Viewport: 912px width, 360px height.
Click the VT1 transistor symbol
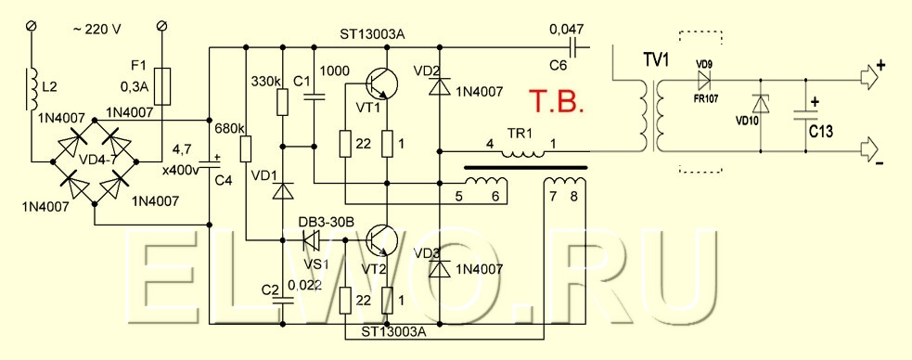pos(382,83)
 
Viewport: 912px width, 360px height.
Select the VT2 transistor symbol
pos(382,239)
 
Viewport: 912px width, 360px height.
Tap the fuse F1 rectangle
pos(164,86)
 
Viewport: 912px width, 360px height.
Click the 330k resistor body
pos(282,102)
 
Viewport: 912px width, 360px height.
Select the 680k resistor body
pos(246,148)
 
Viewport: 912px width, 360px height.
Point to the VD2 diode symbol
pos(440,86)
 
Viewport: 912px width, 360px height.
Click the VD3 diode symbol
pos(440,269)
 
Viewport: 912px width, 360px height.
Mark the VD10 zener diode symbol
pos(761,104)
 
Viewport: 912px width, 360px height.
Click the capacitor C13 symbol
pos(806,115)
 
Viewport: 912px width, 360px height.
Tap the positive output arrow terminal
pos(868,80)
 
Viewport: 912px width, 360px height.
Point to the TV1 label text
pos(655,59)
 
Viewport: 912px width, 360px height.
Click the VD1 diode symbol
pos(282,191)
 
